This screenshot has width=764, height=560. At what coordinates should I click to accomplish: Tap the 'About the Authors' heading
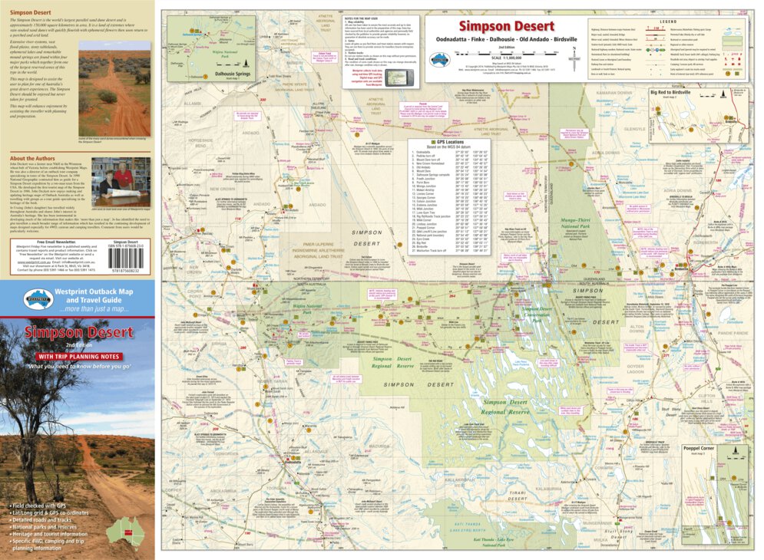tap(33, 158)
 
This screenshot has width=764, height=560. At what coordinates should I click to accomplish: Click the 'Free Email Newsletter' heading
tap(36, 241)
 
